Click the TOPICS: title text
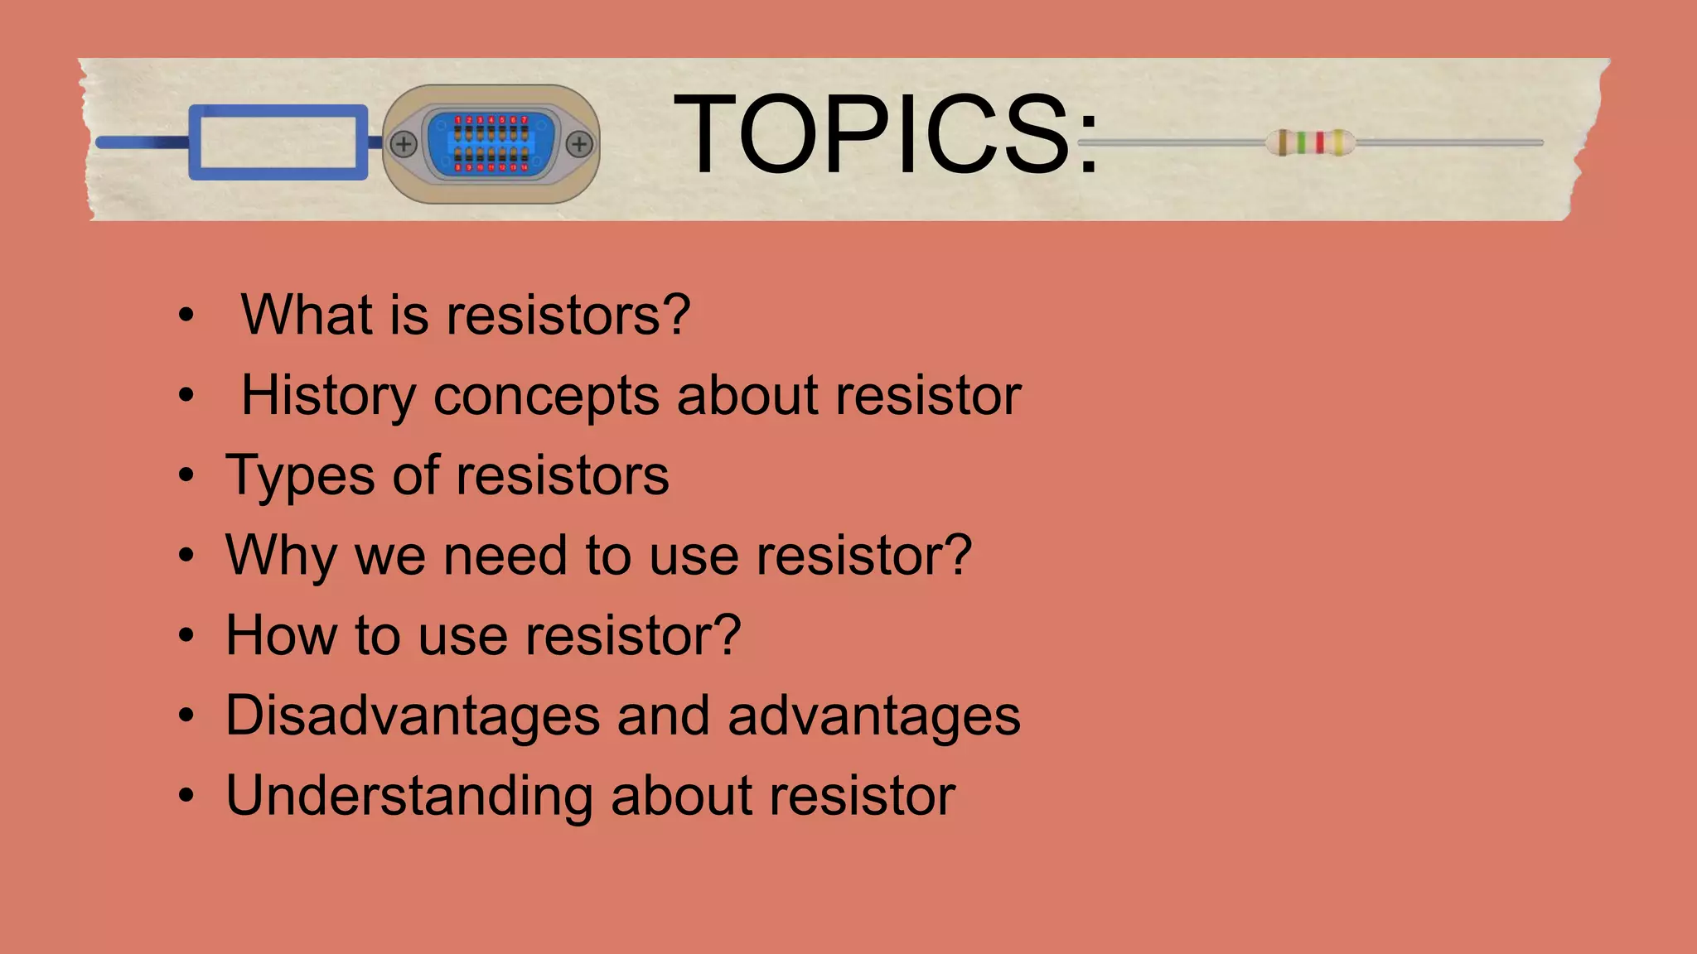885,135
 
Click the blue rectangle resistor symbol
278,142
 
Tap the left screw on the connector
404,144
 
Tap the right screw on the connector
579,144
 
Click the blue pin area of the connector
491,144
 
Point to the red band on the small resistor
1319,142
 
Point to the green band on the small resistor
1301,142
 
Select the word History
328,396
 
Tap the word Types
300,477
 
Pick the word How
281,635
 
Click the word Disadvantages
412,715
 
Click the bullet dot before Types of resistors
186,476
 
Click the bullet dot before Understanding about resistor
186,796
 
